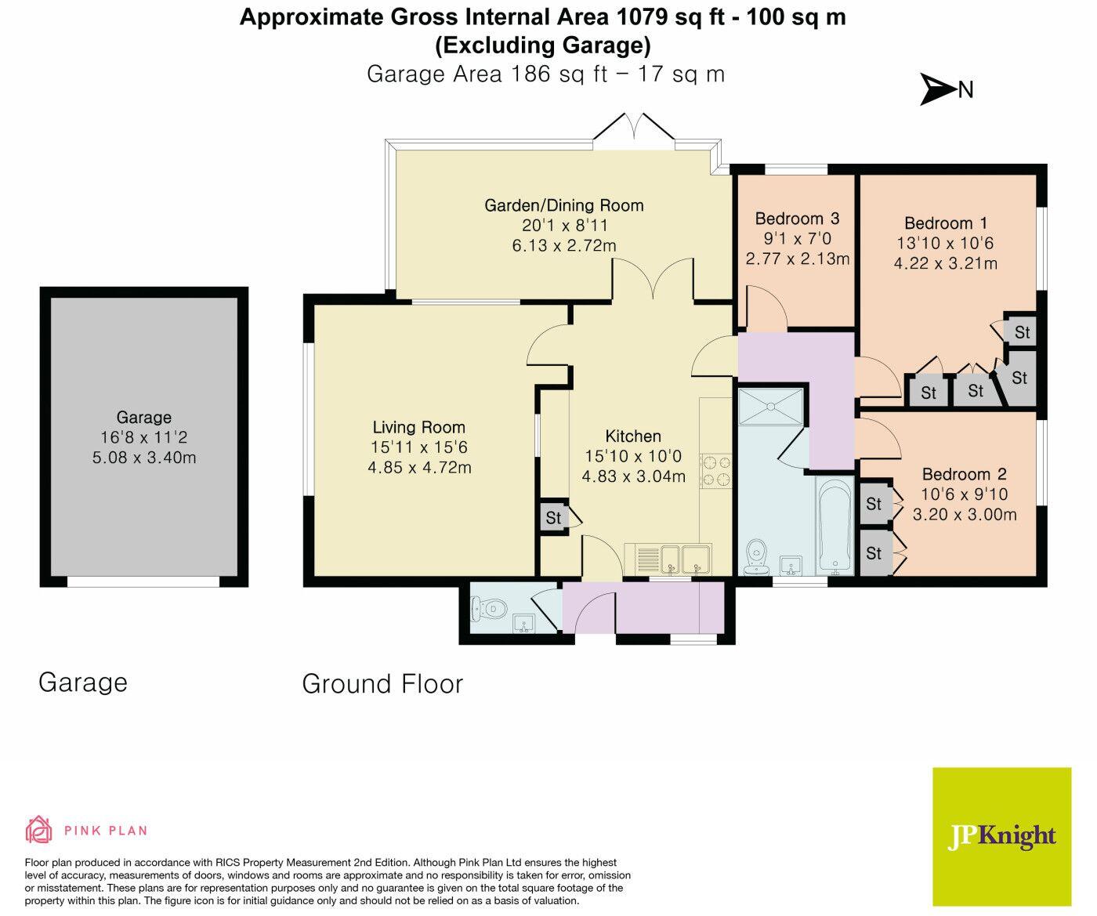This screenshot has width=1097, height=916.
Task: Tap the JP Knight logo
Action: (1001, 836)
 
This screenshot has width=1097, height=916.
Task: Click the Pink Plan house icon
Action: (39, 829)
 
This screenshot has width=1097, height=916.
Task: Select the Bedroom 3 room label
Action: (797, 219)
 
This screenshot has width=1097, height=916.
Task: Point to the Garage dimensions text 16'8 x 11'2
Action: (144, 437)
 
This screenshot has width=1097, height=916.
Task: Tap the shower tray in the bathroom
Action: (772, 406)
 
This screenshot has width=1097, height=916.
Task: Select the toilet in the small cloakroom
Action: (487, 607)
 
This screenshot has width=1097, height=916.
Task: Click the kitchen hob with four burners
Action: (716, 472)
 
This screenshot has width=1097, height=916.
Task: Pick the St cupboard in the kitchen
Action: (554, 518)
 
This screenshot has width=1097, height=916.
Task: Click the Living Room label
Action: (418, 427)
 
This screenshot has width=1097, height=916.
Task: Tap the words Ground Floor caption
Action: (382, 684)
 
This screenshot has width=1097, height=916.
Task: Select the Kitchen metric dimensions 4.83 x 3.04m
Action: (633, 476)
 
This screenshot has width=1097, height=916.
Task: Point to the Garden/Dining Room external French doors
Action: (635, 130)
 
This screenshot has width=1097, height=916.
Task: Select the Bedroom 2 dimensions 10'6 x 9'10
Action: (965, 494)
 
